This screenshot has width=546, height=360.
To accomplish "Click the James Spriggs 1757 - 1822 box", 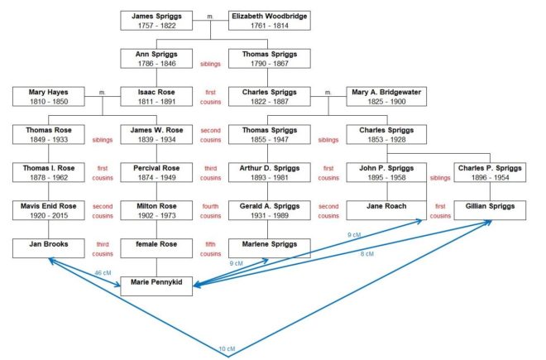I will (x=156, y=21).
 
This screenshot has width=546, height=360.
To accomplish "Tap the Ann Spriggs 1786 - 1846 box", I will (x=156, y=59).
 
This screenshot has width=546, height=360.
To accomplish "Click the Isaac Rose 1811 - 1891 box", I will (x=156, y=97).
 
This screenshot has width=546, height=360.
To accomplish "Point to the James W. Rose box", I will (x=156, y=135).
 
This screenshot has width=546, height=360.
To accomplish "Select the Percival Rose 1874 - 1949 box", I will (x=156, y=172).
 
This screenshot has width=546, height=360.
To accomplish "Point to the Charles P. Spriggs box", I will (x=489, y=172).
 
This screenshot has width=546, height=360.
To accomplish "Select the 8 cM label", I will (x=366, y=254).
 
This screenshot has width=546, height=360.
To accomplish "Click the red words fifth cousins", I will (x=212, y=246).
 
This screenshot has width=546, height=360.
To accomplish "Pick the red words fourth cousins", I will (x=212, y=210).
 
